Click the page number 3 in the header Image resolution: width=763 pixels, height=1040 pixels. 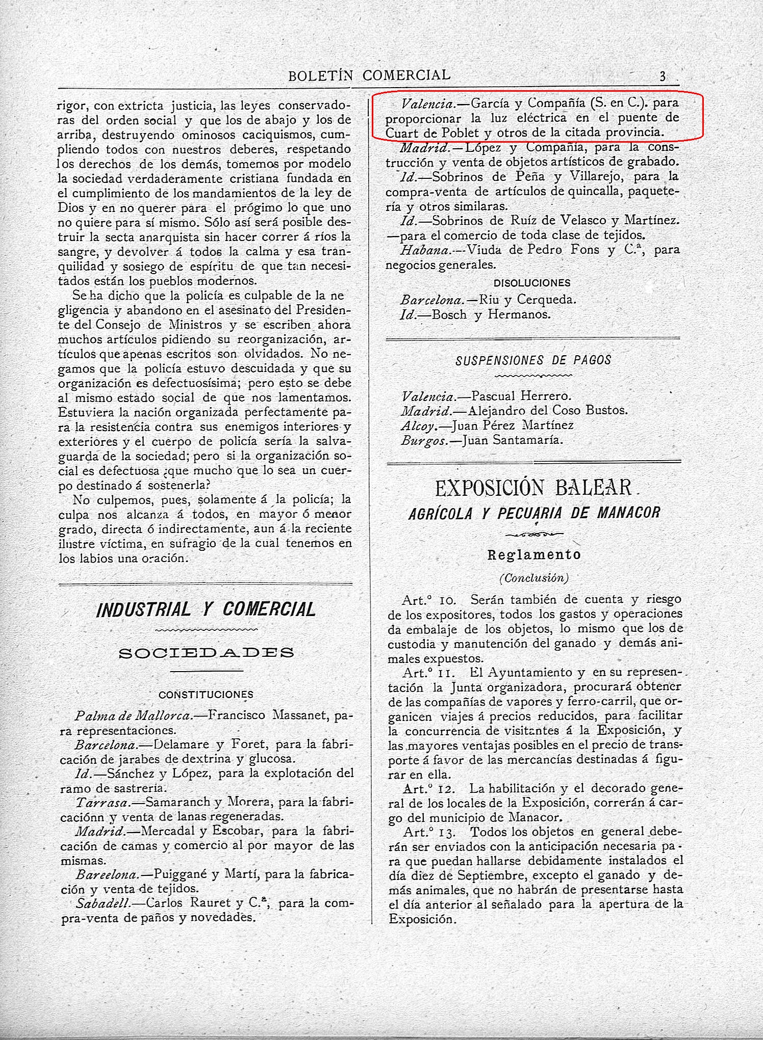pyautogui.click(x=663, y=76)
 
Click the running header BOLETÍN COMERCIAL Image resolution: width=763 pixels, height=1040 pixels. pyautogui.click(x=369, y=75)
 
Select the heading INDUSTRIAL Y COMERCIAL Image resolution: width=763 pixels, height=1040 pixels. pyautogui.click(x=206, y=609)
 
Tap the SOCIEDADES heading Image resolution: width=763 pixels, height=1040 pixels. pyautogui.click(x=206, y=653)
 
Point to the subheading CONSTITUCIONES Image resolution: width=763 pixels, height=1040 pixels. pyautogui.click(x=206, y=695)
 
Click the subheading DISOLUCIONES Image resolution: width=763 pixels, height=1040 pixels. pyautogui.click(x=532, y=283)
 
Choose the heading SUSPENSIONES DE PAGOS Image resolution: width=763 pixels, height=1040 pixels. pyautogui.click(x=533, y=360)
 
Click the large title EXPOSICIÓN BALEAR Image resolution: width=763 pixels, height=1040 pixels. pyautogui.click(x=533, y=488)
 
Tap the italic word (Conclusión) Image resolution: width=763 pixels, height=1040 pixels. pyautogui.click(x=534, y=578)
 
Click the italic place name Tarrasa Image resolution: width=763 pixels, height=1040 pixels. pyautogui.click(x=101, y=802)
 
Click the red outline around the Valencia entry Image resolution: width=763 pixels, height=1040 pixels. pyautogui.click(x=537, y=94)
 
